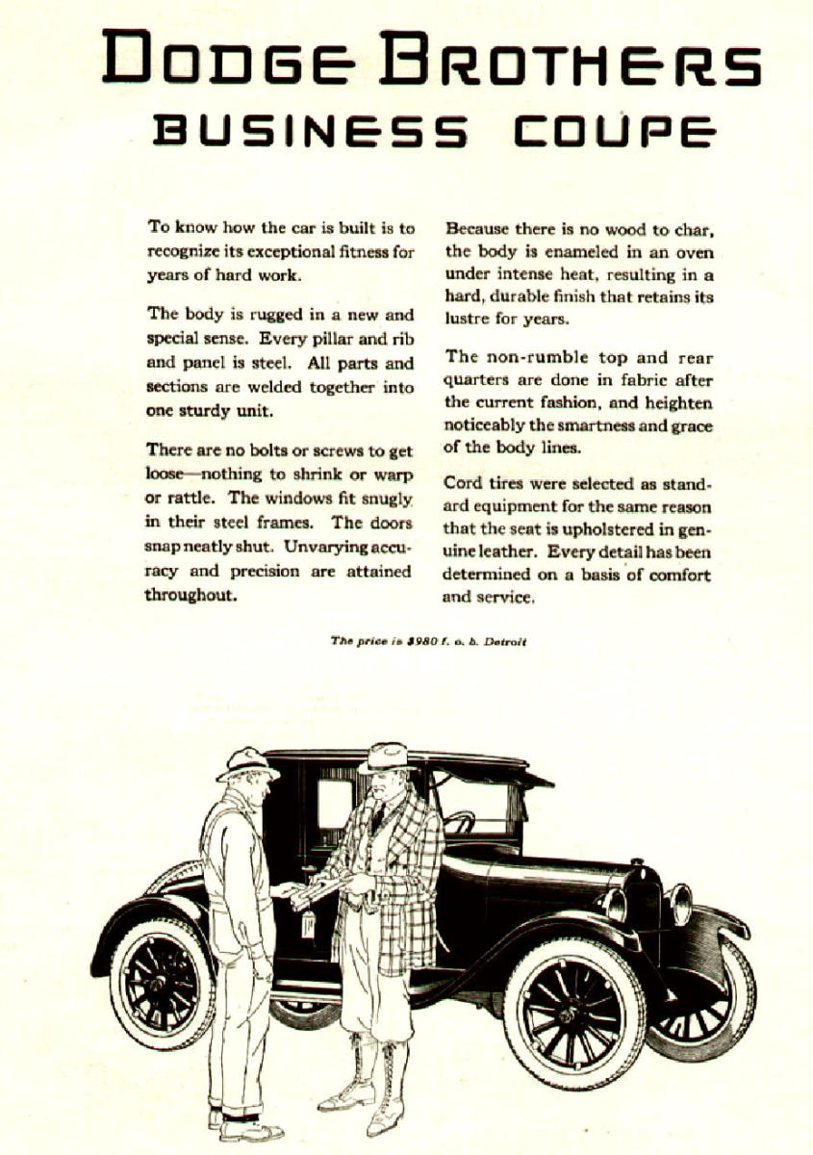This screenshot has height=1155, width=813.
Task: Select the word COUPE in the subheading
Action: [614, 131]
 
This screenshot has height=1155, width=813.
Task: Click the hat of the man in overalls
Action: [247, 762]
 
